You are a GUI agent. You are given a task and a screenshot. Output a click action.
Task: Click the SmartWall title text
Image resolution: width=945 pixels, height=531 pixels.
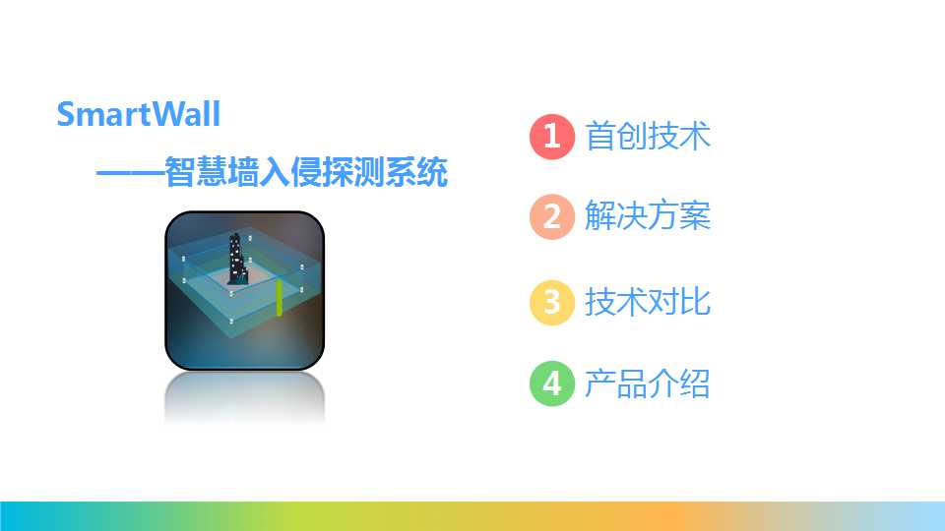(139, 114)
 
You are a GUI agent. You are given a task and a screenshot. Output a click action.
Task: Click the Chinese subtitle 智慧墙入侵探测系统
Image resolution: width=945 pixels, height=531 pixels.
(305, 172)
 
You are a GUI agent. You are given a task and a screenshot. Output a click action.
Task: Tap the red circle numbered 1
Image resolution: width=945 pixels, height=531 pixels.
(552, 136)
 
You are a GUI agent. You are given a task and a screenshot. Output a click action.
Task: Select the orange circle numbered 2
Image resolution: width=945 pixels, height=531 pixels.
(552, 216)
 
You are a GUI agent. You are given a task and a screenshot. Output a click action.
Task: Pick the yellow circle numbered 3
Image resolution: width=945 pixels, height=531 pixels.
(552, 302)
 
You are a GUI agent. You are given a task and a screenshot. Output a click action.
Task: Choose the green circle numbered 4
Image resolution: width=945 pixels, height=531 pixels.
(552, 383)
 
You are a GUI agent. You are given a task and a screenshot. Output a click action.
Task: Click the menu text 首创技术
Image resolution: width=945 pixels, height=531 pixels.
(648, 136)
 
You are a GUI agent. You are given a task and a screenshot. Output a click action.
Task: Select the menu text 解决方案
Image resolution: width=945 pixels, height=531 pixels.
(648, 215)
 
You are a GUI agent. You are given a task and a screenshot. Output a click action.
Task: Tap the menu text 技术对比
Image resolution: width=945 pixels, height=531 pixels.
(648, 302)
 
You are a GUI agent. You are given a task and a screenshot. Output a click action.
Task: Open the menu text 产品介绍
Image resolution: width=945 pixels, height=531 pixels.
(648, 383)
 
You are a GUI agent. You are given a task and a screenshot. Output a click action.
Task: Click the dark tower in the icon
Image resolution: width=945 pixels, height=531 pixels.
(237, 259)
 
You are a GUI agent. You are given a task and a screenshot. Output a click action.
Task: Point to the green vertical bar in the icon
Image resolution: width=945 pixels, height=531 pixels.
(279, 297)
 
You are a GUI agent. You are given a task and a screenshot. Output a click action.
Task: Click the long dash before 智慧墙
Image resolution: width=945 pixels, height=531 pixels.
(130, 173)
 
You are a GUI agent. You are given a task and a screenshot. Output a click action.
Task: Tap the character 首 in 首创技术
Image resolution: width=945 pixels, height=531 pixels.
(600, 136)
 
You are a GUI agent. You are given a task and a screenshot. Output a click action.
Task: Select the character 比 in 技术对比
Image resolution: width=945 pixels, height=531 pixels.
(696, 302)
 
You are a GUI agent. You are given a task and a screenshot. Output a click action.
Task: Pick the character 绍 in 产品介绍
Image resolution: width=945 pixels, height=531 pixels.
(696, 383)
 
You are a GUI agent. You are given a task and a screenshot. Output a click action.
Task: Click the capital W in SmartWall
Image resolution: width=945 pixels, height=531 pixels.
(167, 114)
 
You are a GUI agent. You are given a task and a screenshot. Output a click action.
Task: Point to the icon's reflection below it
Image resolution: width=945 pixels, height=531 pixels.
(245, 398)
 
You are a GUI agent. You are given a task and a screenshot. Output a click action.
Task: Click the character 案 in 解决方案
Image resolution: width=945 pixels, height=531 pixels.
(696, 215)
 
